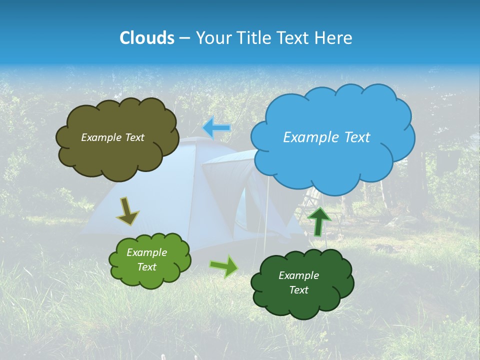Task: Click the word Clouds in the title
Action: [146, 38]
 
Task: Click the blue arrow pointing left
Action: [217, 128]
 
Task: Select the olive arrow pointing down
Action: [127, 211]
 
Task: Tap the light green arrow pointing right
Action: [224, 266]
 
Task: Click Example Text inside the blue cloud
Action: [326, 137]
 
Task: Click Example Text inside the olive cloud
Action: [112, 137]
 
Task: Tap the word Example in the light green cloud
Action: [146, 252]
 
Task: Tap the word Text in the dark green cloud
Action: [298, 290]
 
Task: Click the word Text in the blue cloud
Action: [355, 137]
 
